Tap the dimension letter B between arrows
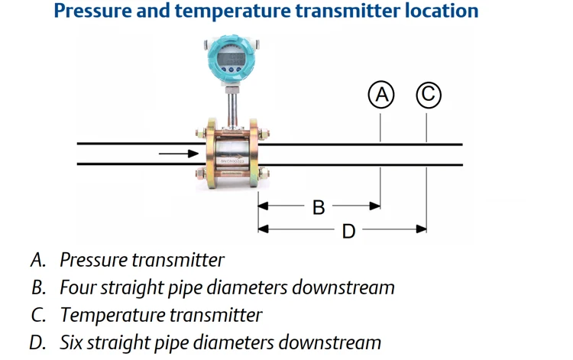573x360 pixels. [319, 206]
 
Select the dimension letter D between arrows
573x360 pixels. [348, 230]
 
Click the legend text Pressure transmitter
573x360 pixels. [142, 260]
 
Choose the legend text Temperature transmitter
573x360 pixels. [160, 315]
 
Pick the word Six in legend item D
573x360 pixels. [73, 342]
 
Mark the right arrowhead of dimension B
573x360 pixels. [375, 206]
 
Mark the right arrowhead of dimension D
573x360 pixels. [421, 229]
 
